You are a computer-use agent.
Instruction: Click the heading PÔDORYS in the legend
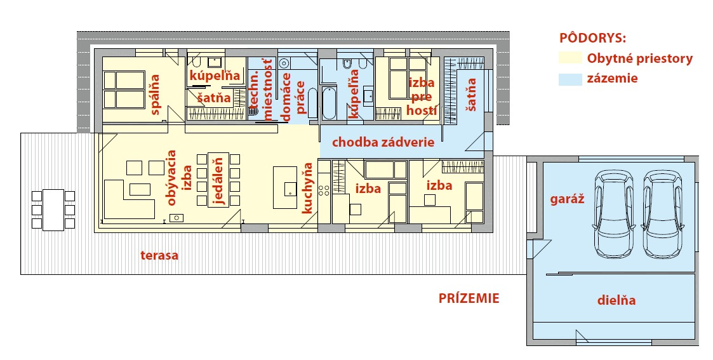point(592,37)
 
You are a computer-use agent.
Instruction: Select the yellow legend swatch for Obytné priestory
point(570,58)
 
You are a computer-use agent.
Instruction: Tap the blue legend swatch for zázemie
point(570,79)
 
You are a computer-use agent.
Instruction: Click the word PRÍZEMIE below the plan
point(469,298)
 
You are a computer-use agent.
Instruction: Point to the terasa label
point(159,255)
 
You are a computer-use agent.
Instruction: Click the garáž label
point(567,199)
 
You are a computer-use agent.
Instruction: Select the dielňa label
point(616,300)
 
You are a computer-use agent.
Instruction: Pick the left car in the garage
point(614,213)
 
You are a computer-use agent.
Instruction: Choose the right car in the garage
point(663,213)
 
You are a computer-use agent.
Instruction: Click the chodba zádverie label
point(383,142)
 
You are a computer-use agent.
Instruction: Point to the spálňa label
point(155,94)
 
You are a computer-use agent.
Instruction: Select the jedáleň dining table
point(218,180)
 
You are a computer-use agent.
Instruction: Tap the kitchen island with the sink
point(285,187)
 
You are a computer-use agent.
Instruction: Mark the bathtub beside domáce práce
point(329,103)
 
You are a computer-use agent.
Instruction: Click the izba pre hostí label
point(422,97)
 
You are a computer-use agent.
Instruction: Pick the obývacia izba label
point(178,178)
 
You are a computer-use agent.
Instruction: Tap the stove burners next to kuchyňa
point(324,190)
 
